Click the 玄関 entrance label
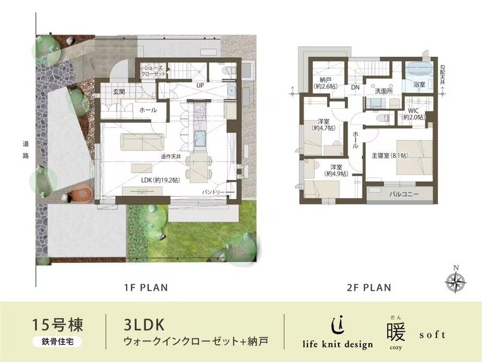[x=119, y=92]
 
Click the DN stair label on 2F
[x=355, y=87]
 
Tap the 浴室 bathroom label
[x=419, y=85]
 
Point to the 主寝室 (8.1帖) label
[x=389, y=156]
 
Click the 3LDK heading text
[x=140, y=324]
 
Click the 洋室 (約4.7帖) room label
[x=322, y=125]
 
